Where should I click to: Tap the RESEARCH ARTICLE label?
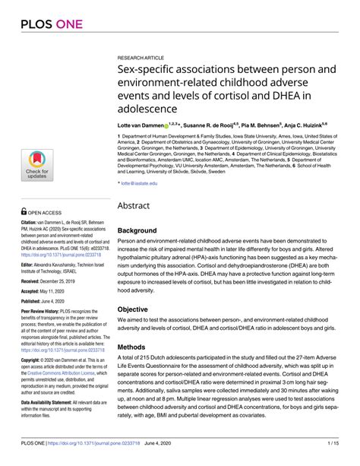click(142, 58)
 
